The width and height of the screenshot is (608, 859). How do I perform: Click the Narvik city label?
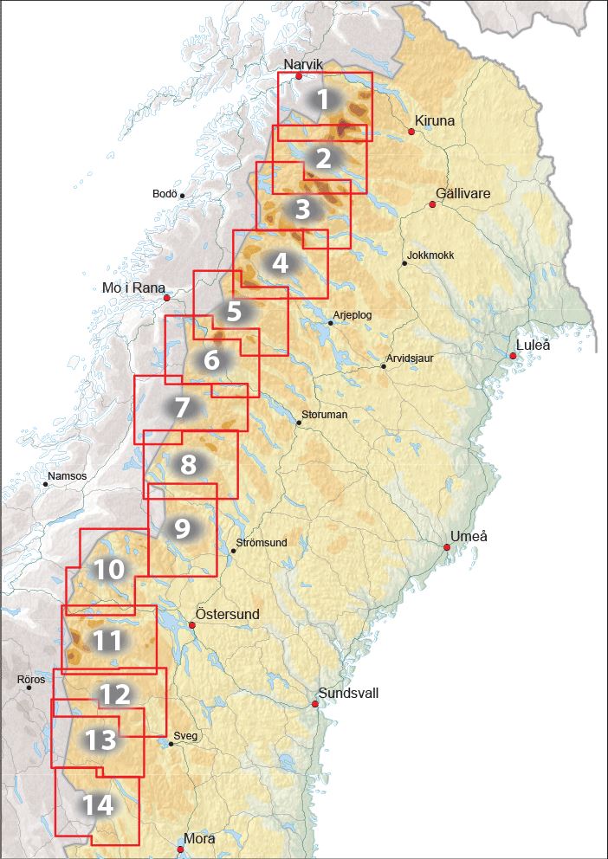point(304,64)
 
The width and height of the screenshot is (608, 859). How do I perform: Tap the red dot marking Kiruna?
point(411,132)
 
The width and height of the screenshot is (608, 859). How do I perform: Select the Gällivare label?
point(463,194)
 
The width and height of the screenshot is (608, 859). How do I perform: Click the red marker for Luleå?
point(513,356)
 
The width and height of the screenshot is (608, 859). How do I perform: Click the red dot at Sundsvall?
point(315,704)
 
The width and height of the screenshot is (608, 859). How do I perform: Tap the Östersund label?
point(227,614)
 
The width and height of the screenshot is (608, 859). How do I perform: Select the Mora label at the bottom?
point(199,838)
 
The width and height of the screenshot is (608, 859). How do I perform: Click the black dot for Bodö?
point(182,196)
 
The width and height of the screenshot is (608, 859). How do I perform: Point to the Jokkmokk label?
point(430,255)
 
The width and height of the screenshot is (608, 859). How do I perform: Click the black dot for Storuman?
point(299,423)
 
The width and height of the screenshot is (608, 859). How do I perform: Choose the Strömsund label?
point(262,543)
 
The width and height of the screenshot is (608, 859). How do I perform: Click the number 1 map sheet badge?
point(323,100)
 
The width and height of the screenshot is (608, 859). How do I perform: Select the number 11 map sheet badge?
point(107,641)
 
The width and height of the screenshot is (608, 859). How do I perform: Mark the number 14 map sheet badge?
point(99,805)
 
